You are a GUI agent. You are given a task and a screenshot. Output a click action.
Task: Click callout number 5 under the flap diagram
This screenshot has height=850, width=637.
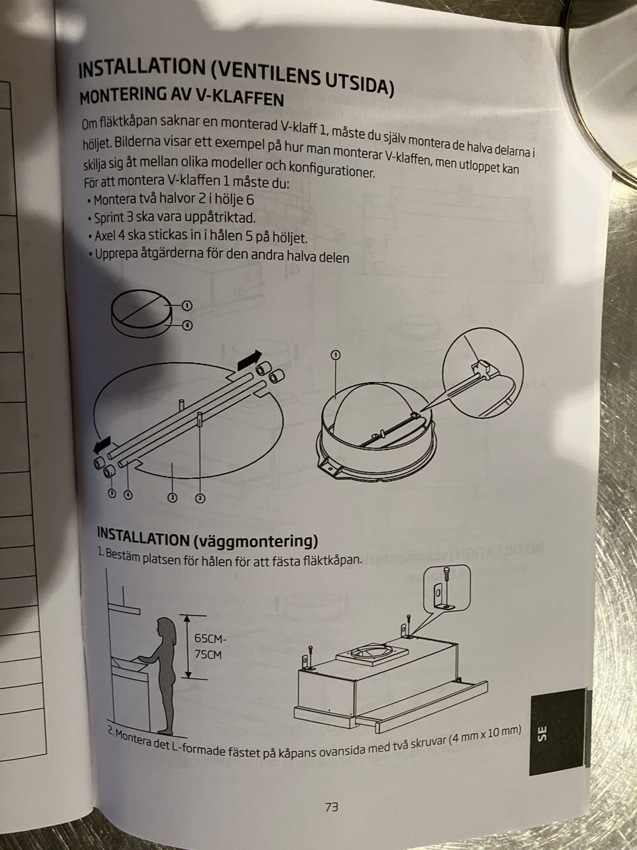pos(112,493)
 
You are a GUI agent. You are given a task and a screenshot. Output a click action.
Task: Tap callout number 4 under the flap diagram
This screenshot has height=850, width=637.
pos(127,495)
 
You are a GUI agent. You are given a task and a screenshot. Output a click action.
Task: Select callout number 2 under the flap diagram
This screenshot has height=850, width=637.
pos(173,497)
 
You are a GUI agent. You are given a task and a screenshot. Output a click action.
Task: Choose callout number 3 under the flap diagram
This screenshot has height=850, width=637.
pos(200,499)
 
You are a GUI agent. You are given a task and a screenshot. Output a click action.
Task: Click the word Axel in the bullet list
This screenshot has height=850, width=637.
pos(104,236)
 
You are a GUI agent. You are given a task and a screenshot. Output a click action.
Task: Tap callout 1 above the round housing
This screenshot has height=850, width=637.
pos(336,355)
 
